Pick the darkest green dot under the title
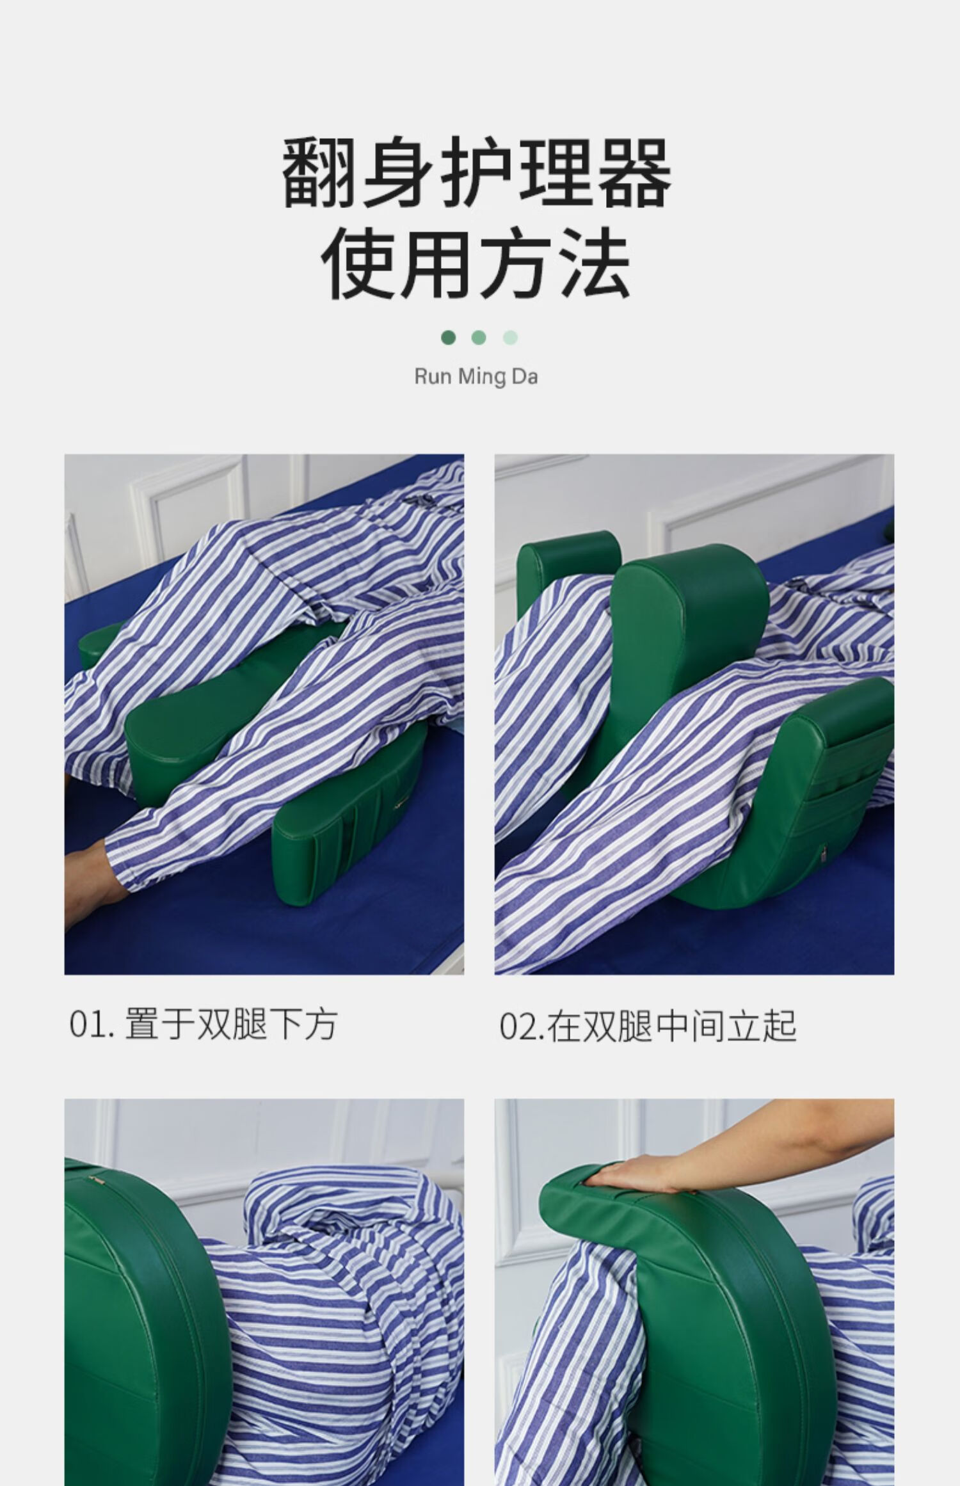click(449, 337)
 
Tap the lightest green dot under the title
click(510, 337)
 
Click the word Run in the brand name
click(433, 376)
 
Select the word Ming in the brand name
click(481, 376)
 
